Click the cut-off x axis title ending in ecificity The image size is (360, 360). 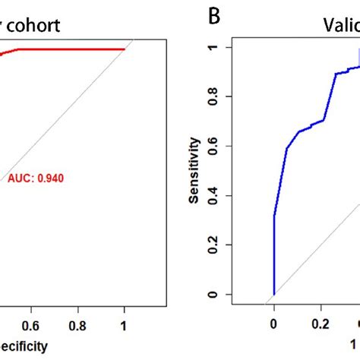coord(23,346)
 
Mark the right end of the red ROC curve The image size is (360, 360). coord(124,49)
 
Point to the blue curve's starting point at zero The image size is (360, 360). coord(274,294)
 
